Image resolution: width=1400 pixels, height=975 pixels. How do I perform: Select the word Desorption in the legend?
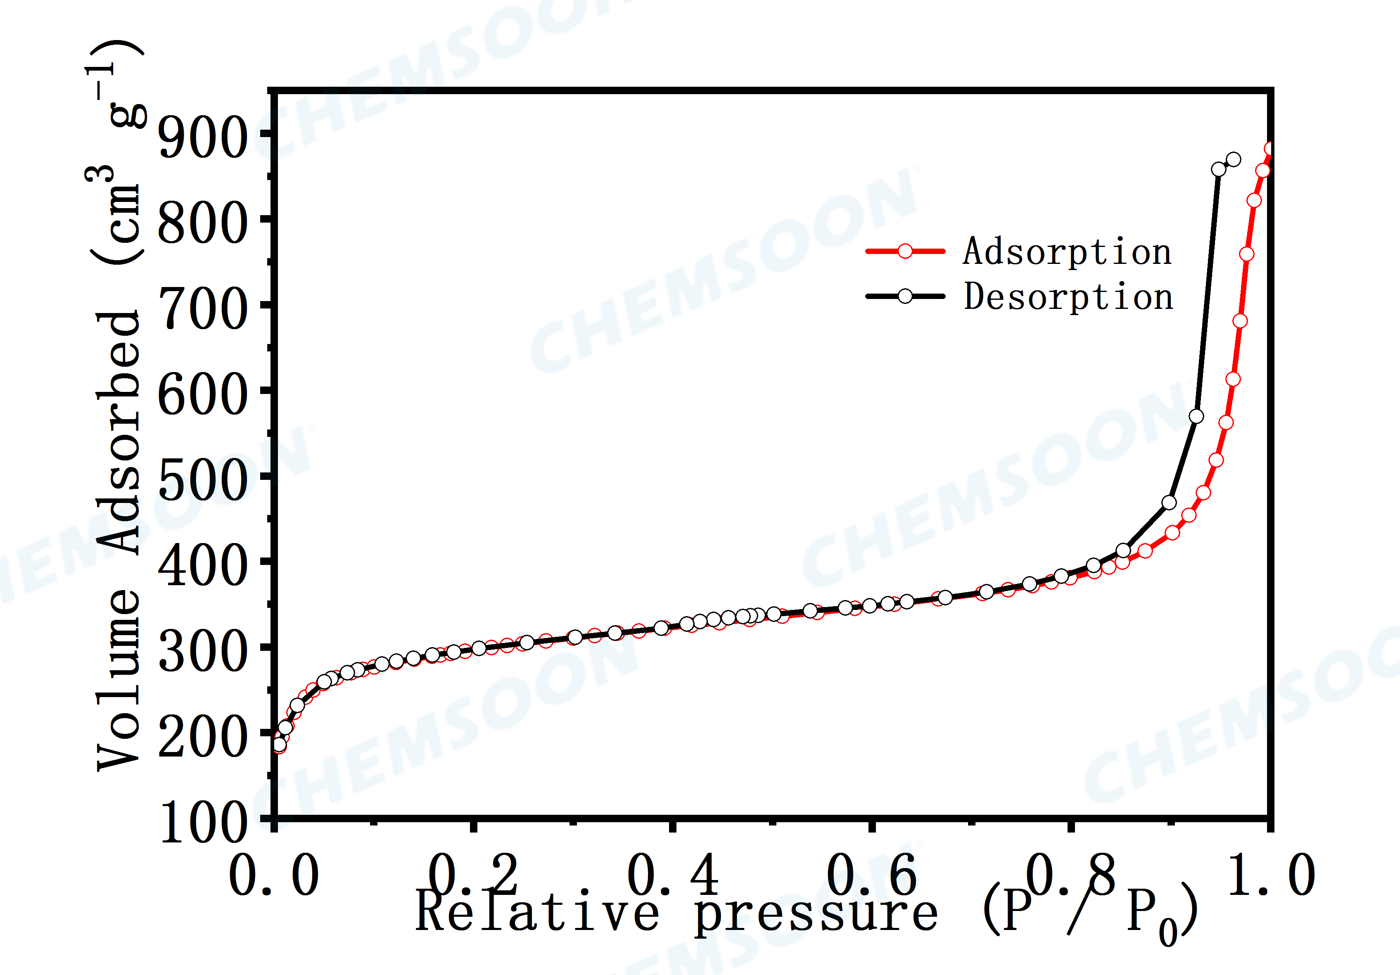(x=1068, y=297)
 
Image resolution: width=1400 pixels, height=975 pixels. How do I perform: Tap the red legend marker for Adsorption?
(x=906, y=251)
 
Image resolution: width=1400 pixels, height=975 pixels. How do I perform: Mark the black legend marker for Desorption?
(x=906, y=297)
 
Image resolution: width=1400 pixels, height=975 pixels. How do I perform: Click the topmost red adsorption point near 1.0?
(x=1271, y=149)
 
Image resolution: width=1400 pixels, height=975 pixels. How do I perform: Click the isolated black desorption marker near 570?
(x=1196, y=416)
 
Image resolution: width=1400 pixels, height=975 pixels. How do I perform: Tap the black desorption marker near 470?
(x=1169, y=503)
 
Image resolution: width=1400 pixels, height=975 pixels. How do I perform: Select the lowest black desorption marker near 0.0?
(x=279, y=745)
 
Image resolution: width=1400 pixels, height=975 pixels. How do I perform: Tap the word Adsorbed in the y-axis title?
(x=119, y=433)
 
